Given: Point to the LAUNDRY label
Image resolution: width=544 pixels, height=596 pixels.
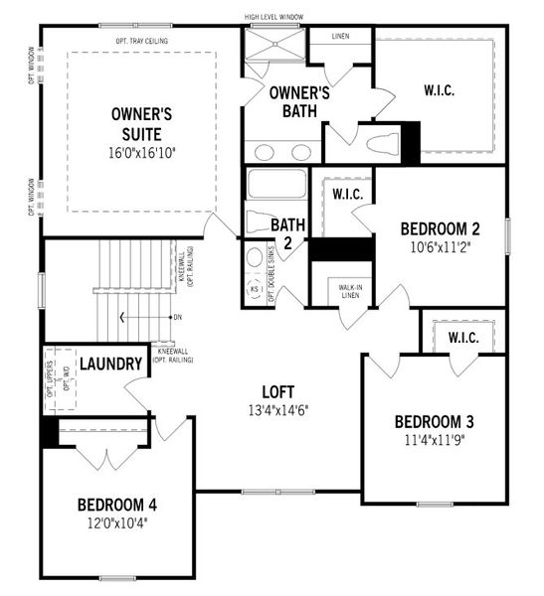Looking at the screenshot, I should point(111,364).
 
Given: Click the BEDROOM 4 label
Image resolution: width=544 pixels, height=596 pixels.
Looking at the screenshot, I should point(116,505).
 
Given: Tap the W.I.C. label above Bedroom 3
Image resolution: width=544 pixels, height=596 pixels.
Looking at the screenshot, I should point(463,338).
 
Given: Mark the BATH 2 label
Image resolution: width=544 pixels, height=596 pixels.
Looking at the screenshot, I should point(287,232).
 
